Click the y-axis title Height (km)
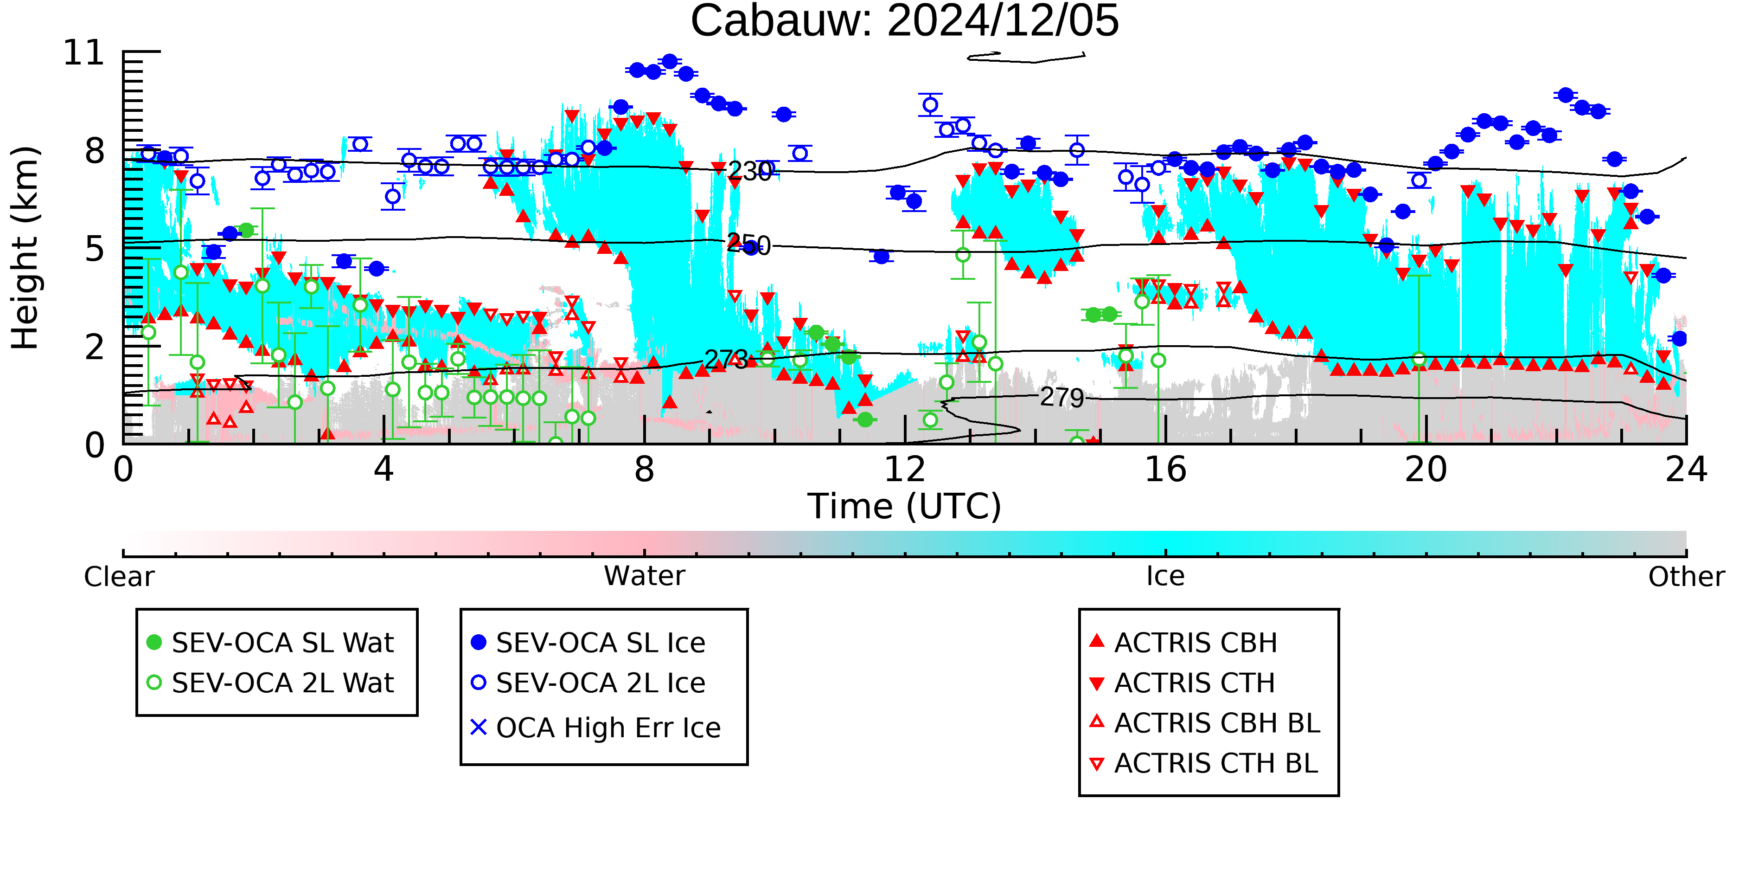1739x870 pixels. pyautogui.click(x=25, y=248)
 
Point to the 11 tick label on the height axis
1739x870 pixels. pyautogui.click(x=84, y=53)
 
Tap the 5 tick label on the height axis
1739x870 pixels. pyautogui.click(x=95, y=249)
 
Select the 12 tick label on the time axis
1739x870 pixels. pyautogui.click(x=905, y=470)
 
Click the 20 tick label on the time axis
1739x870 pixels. pyautogui.click(x=1426, y=470)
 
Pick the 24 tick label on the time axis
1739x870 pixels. pyautogui.click(x=1686, y=470)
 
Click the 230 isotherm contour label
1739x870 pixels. pyautogui.click(x=749, y=172)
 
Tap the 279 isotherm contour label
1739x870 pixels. pyautogui.click(x=1062, y=397)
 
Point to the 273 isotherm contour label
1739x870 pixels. pyautogui.click(x=726, y=359)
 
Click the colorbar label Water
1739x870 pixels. pyautogui.click(x=645, y=576)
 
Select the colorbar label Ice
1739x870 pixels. pyautogui.click(x=1165, y=576)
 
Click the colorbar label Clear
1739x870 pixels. pyautogui.click(x=119, y=577)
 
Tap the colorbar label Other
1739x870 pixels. pyautogui.click(x=1686, y=577)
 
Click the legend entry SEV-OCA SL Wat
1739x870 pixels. pyautogui.click(x=270, y=642)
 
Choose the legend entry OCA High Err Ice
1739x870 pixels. pyautogui.click(x=595, y=728)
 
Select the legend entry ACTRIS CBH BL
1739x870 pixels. pyautogui.click(x=1205, y=723)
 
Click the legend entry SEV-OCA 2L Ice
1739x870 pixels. pyautogui.click(x=588, y=683)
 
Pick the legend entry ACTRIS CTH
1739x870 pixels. pyautogui.click(x=1182, y=683)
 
